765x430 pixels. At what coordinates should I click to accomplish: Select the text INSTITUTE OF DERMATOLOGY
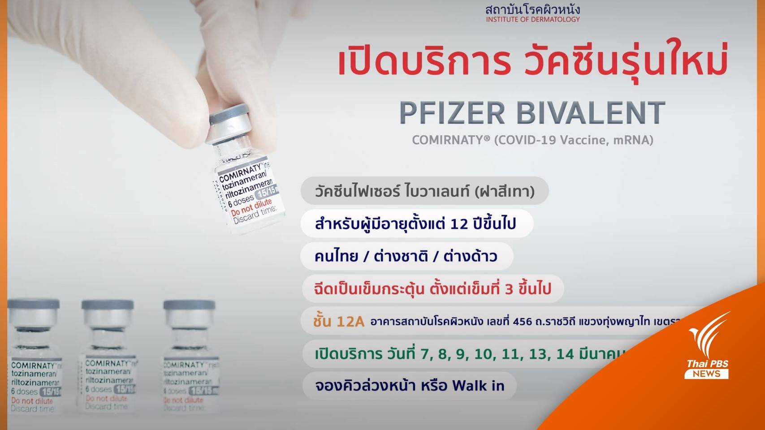[532, 19]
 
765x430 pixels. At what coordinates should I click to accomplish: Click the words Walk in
[478, 385]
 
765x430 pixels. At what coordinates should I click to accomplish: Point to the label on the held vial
[248, 193]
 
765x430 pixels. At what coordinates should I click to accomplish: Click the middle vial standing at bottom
[108, 356]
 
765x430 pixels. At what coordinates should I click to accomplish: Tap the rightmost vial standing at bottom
[189, 356]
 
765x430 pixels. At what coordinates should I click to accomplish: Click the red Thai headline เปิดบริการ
[424, 63]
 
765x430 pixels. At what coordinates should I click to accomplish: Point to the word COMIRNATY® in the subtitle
[451, 140]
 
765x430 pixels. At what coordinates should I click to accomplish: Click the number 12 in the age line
[459, 223]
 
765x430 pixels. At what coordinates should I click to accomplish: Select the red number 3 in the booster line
[509, 289]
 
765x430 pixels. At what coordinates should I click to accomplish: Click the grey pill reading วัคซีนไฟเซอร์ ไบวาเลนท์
[424, 191]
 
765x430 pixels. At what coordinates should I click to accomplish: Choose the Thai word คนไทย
[336, 256]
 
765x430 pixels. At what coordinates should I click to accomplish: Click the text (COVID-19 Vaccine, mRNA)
[574, 140]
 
